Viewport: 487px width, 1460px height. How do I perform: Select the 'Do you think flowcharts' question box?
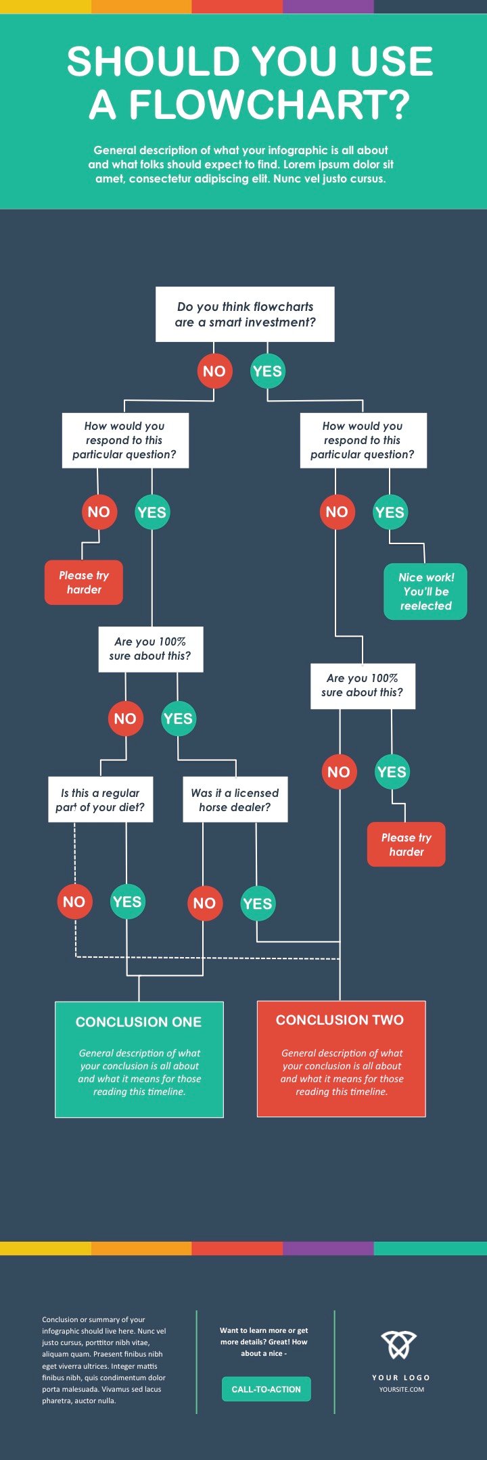click(x=245, y=314)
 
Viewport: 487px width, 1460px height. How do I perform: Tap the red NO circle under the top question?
click(x=214, y=371)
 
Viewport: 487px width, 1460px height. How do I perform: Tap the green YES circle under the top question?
click(x=267, y=371)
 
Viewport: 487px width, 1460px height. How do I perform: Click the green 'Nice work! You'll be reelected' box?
click(x=425, y=591)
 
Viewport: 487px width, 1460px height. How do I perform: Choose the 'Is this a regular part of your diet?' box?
click(x=101, y=800)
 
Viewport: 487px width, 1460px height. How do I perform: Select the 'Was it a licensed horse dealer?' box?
click(x=235, y=800)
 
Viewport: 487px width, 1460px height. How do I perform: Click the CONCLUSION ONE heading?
click(x=139, y=1022)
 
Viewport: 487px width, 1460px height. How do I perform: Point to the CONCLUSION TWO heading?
click(x=340, y=1020)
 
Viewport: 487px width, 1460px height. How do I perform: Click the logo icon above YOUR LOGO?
click(x=398, y=1344)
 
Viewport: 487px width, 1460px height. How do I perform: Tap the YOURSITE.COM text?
click(x=402, y=1389)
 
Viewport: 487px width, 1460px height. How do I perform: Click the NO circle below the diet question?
click(x=74, y=902)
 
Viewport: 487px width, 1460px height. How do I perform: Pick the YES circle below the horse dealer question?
click(x=257, y=904)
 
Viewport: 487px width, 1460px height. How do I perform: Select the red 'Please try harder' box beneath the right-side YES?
click(x=407, y=844)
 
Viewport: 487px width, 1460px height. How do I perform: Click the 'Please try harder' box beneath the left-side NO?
click(x=84, y=582)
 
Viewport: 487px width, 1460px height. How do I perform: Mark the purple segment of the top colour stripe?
click(x=328, y=7)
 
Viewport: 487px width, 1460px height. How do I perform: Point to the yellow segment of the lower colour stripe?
click(x=45, y=1248)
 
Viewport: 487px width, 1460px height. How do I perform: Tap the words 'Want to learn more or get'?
click(x=264, y=1330)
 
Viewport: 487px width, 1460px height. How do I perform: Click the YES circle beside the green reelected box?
click(x=390, y=512)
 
